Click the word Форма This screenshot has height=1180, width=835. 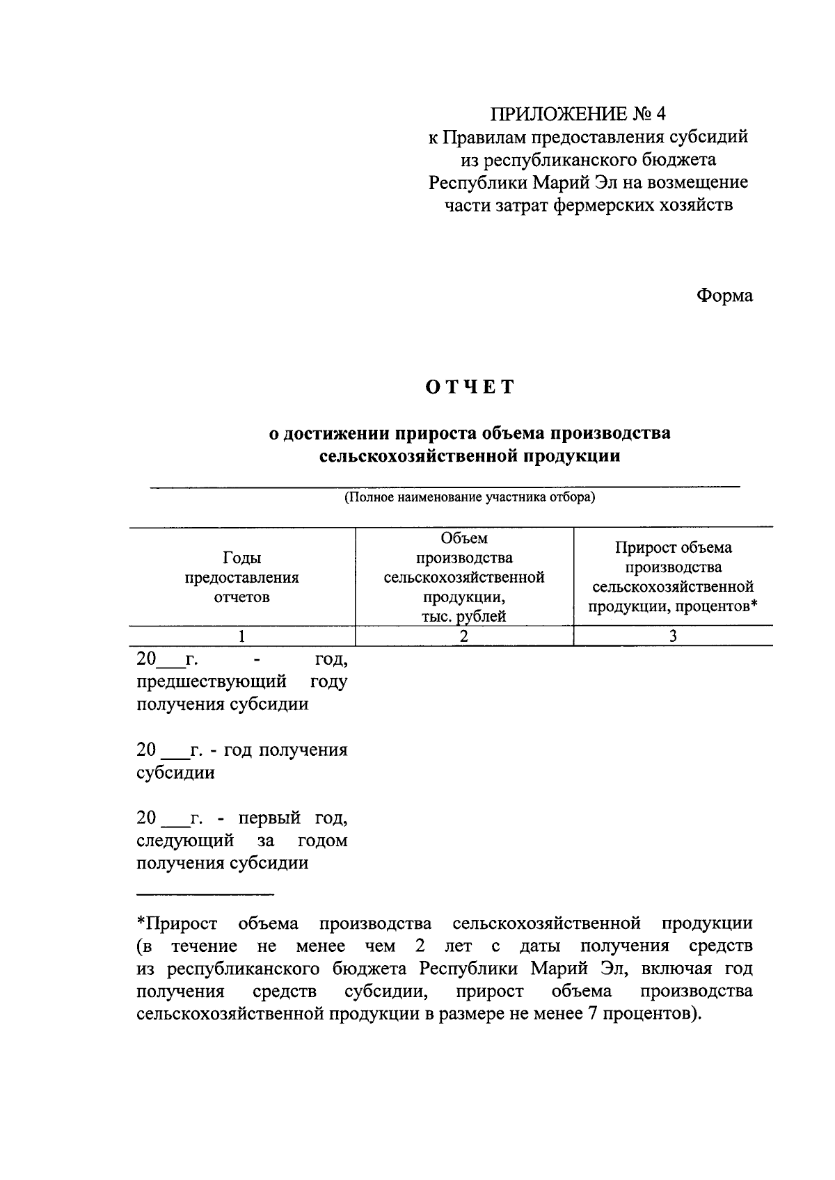(724, 296)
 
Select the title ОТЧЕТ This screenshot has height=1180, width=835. (470, 387)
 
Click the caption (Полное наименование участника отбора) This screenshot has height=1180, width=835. (470, 498)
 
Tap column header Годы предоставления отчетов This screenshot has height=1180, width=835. (241, 577)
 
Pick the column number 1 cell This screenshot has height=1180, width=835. (241, 636)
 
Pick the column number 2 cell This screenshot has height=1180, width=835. (464, 636)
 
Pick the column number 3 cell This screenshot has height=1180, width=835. (673, 636)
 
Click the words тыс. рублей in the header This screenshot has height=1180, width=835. (464, 616)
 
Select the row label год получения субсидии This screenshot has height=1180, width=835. (241, 761)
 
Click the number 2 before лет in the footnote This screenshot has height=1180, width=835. (419, 946)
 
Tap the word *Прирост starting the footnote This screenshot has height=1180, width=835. (177, 923)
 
